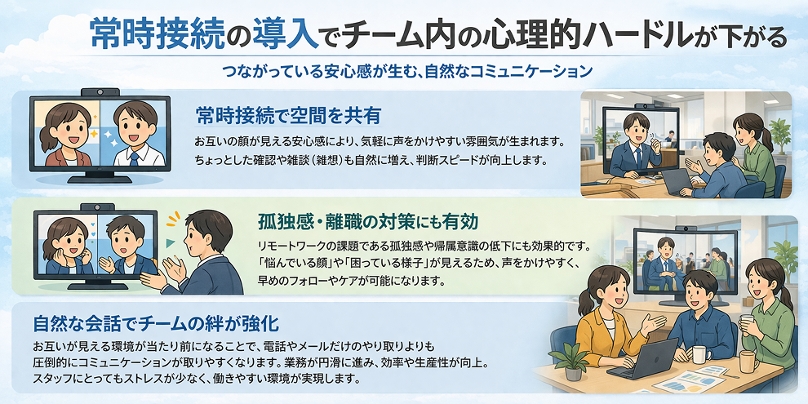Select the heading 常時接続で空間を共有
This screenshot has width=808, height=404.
(288, 113)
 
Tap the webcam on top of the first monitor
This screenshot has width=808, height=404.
(102, 91)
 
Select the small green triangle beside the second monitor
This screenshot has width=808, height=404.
(170, 242)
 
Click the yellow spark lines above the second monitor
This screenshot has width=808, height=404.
(172, 219)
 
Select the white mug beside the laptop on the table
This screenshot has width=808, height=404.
(699, 354)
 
